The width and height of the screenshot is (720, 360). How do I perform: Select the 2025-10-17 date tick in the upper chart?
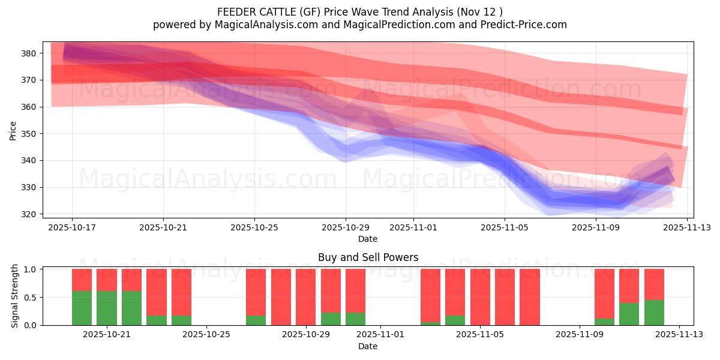coord(72,227)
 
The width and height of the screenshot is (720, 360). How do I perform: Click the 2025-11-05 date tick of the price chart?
coord(504,227)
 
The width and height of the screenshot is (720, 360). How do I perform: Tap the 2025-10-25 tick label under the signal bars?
coord(206,334)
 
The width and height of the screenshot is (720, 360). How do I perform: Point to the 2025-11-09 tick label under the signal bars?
coord(580,334)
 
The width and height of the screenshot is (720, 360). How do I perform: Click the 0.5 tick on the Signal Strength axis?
coord(32,298)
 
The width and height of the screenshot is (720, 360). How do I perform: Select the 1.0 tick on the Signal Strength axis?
coord(32,269)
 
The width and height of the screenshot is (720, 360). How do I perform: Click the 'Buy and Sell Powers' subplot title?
coord(368,257)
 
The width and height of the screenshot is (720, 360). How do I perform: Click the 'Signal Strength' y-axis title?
coord(15,296)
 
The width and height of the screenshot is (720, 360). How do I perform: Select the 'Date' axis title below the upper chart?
coord(368,239)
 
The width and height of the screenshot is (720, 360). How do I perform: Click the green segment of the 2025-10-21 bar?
coord(107,308)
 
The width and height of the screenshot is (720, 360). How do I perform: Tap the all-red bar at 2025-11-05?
coord(480,297)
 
